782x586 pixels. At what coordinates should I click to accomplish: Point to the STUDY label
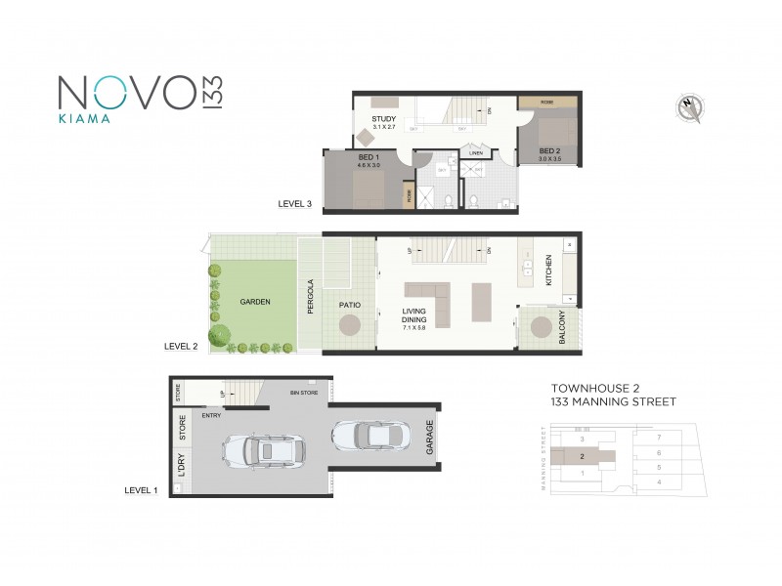383,119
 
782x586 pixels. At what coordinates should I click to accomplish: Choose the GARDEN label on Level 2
255,302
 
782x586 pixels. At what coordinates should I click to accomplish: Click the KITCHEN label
549,270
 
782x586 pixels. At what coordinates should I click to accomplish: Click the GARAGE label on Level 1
429,439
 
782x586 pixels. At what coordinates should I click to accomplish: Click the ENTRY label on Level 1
211,415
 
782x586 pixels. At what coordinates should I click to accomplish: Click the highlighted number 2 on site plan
583,455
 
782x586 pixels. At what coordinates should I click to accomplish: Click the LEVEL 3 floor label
295,204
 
